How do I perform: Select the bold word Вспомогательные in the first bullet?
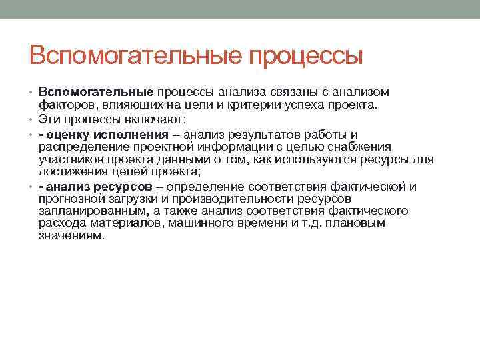[x=96, y=92]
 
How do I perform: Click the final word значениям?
[x=71, y=236]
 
